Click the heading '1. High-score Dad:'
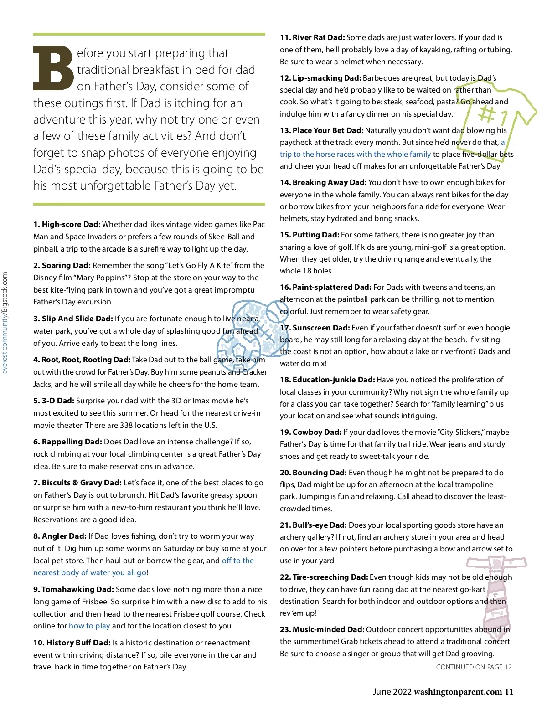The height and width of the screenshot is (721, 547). [67, 224]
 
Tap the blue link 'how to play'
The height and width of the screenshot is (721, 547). [89, 626]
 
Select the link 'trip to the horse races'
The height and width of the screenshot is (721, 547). [355, 154]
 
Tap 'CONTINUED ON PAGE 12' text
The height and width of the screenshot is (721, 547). [474, 667]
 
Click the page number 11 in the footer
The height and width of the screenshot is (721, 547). [509, 692]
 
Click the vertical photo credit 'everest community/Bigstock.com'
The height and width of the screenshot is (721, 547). [5, 323]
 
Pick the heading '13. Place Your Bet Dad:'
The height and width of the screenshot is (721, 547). [321, 130]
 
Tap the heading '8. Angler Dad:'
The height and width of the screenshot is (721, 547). [60, 536]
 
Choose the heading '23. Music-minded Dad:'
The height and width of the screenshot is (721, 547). [322, 629]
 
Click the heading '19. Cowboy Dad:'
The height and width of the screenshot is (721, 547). [310, 432]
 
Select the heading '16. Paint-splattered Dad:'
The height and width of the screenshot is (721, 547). [325, 287]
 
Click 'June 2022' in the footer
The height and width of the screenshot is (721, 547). [391, 692]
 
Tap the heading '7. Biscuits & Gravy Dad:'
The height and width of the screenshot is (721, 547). [77, 483]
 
